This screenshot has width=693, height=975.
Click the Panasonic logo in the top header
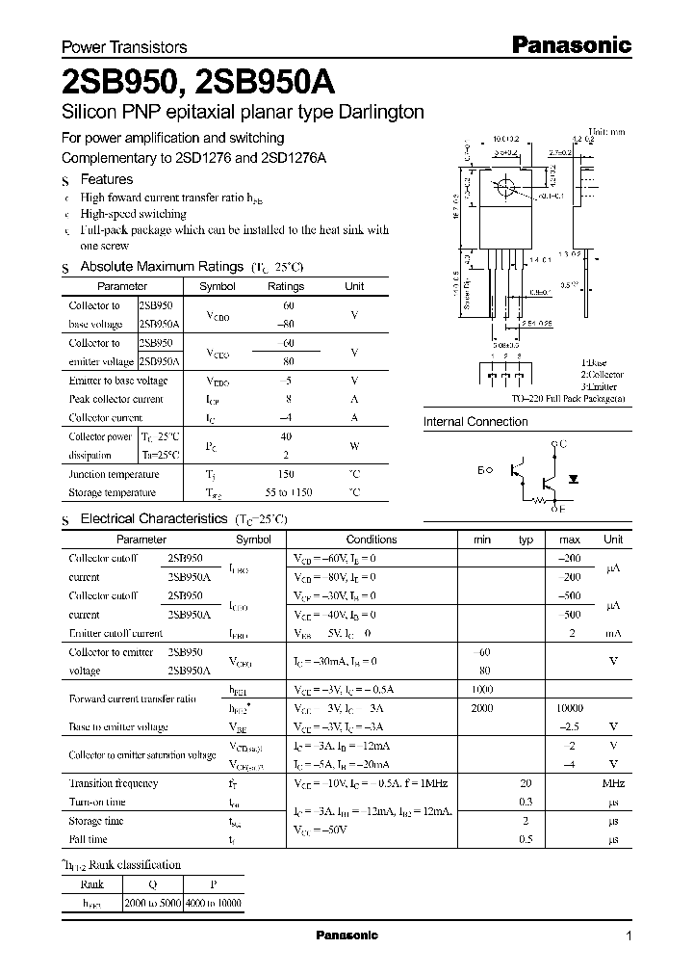(570, 44)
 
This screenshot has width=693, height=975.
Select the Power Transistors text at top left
(123, 46)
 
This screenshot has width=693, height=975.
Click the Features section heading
(106, 179)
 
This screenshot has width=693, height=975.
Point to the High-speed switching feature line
(134, 213)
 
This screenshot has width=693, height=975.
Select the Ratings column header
(285, 286)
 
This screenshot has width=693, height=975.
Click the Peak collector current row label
(115, 399)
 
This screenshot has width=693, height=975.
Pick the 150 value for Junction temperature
(286, 474)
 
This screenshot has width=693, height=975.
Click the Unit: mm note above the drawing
(607, 130)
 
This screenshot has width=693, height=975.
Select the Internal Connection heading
(475, 421)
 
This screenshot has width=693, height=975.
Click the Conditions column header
(371, 540)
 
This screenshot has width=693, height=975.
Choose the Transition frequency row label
(113, 783)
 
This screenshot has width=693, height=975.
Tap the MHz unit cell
(612, 783)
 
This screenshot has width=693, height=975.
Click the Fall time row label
(90, 839)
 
